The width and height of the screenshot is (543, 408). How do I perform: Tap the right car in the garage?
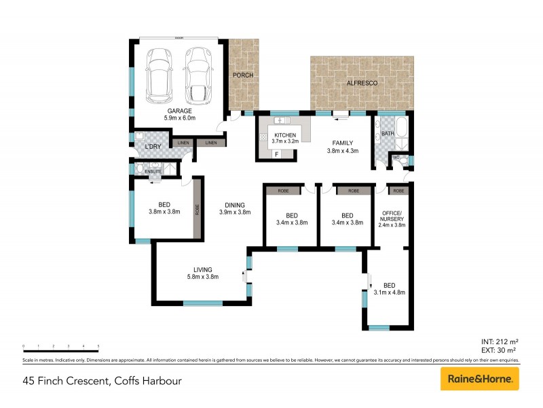click(198, 71)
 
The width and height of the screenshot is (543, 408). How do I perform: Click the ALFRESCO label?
click(362, 82)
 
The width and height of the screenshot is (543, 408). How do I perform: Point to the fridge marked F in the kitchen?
click(276, 154)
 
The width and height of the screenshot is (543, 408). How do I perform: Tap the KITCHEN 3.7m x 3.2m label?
click(285, 139)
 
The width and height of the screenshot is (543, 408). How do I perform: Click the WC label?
click(396, 158)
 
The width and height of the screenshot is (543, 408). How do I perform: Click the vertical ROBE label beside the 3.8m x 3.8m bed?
click(198, 209)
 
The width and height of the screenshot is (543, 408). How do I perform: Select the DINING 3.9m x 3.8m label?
click(236, 208)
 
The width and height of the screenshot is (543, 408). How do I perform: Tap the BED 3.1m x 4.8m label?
click(389, 289)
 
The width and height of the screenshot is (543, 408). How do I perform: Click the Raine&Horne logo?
click(480, 379)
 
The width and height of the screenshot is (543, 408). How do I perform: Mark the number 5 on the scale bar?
click(98, 347)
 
